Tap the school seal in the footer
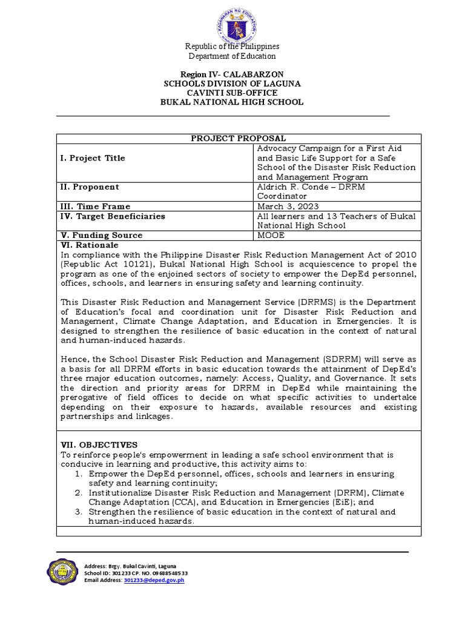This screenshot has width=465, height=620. point(62,573)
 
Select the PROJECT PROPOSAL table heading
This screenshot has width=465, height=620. point(239,139)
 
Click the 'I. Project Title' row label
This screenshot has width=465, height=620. point(93,158)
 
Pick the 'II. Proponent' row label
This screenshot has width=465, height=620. point(90,187)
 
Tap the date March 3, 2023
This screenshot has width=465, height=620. point(283,206)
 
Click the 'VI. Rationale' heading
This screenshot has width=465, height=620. point(90,245)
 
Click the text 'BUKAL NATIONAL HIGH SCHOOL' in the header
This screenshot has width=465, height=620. point(231,102)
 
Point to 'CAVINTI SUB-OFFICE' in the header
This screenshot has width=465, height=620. point(232,93)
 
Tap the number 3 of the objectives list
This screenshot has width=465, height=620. point(78,512)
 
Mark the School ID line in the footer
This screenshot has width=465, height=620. point(136,573)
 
